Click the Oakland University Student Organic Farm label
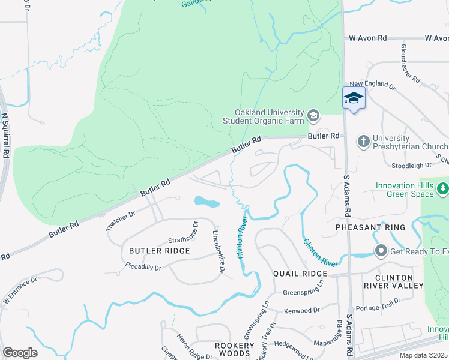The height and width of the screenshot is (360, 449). click(x=269, y=117)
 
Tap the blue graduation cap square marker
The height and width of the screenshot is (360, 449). click(x=354, y=98)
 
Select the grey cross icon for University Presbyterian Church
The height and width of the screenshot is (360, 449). click(x=363, y=142)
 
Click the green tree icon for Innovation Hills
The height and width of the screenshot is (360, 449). click(x=443, y=190)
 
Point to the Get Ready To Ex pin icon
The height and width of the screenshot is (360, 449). click(x=380, y=250)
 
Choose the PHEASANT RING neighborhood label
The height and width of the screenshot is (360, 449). click(x=370, y=227)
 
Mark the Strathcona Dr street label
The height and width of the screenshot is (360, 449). click(x=183, y=232)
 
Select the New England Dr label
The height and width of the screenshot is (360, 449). click(x=373, y=85)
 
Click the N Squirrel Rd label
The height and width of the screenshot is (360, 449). click(x=5, y=135)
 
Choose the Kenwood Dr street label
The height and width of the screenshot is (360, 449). click(x=302, y=310)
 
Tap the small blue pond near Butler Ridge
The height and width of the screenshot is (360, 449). click(x=207, y=202)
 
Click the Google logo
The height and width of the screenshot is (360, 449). click(x=20, y=353)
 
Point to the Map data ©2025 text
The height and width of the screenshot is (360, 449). click(x=424, y=355)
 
